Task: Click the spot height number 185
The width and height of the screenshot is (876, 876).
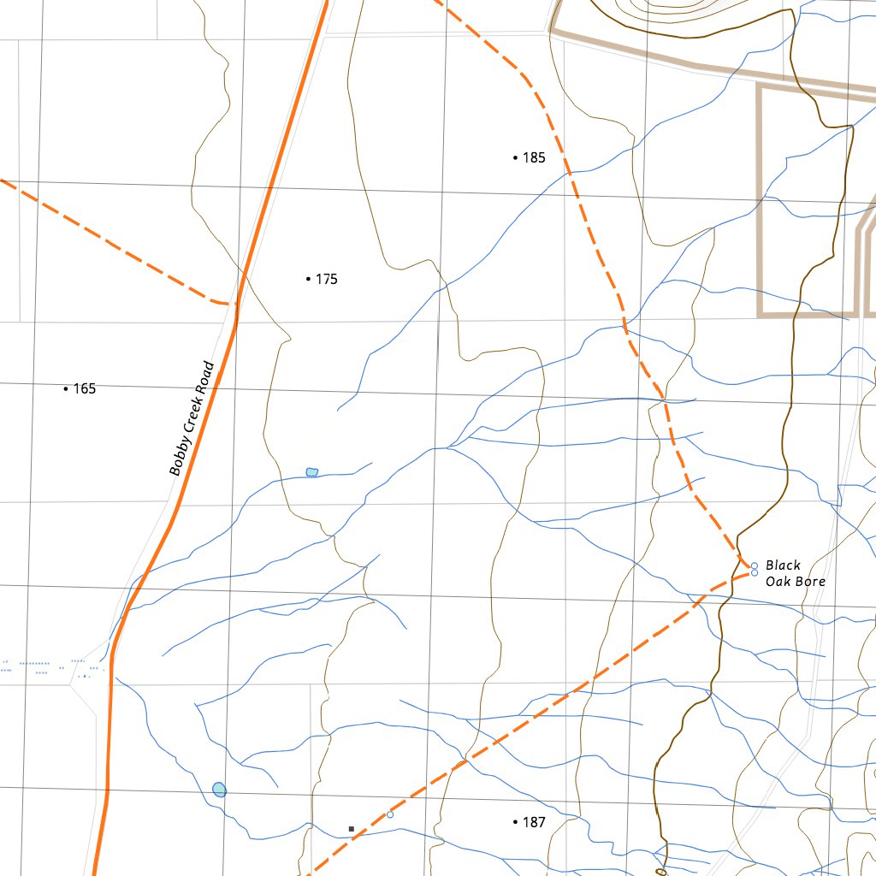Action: click(x=534, y=157)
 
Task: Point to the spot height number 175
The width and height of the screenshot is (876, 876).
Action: click(x=327, y=279)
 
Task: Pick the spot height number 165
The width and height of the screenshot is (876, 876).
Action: click(x=85, y=388)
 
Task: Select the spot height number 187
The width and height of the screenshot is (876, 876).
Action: click(x=534, y=822)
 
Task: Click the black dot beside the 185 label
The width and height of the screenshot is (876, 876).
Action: click(x=515, y=157)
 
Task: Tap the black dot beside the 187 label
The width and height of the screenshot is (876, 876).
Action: click(x=515, y=822)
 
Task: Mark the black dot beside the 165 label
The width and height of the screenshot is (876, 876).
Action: click(x=66, y=388)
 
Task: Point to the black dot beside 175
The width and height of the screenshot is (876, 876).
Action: click(x=308, y=279)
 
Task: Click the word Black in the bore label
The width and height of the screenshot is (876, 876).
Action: click(x=783, y=565)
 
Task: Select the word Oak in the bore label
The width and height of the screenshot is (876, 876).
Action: click(x=778, y=582)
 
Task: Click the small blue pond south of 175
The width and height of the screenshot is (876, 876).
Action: click(x=312, y=472)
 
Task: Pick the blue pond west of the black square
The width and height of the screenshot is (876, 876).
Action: click(x=220, y=790)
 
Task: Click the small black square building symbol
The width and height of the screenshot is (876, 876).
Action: click(x=352, y=829)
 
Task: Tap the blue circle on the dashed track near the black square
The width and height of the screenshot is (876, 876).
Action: click(x=390, y=814)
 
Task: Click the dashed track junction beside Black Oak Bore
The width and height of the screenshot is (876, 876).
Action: click(x=741, y=565)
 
